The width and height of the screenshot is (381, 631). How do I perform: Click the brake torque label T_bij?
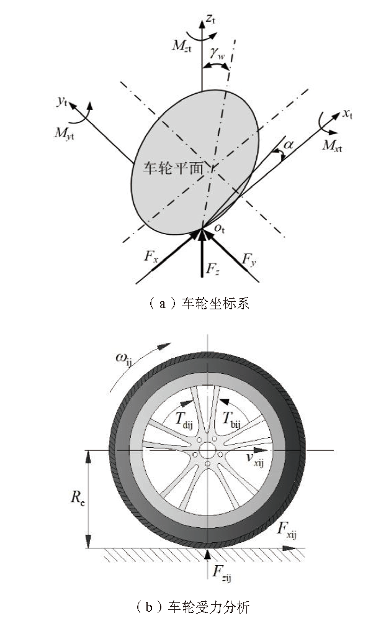(233, 419)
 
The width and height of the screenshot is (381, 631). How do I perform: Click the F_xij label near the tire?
(285, 533)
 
